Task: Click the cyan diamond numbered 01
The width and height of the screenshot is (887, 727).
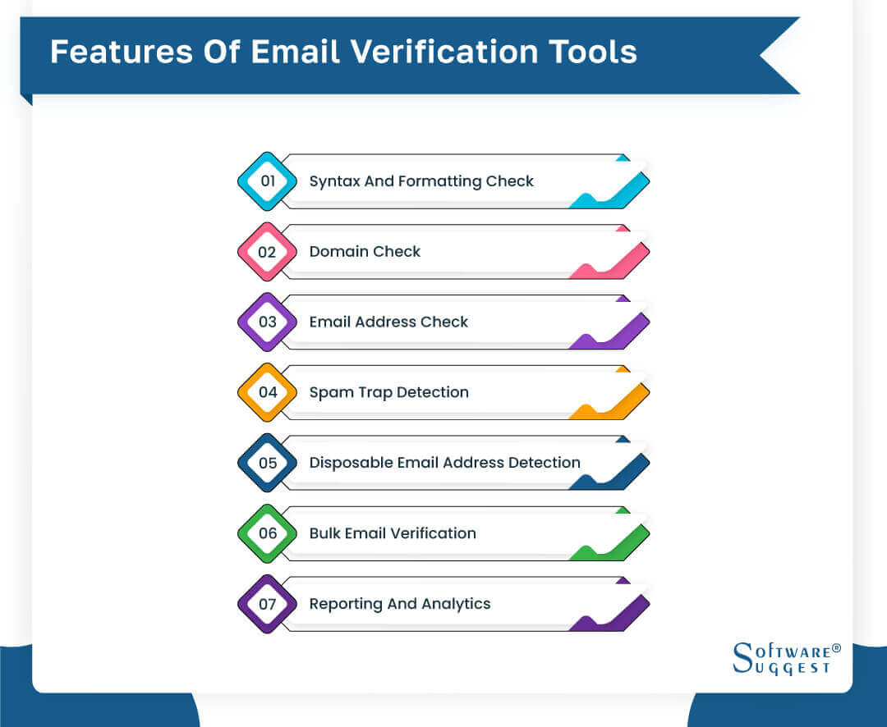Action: pyautogui.click(x=267, y=181)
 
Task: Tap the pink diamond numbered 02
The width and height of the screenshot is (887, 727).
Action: pyautogui.click(x=267, y=252)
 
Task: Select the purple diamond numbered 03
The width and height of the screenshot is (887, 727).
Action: pyautogui.click(x=267, y=322)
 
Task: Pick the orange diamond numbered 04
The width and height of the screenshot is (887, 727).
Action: pyautogui.click(x=267, y=392)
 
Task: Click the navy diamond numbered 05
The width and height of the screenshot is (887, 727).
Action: pyautogui.click(x=267, y=463)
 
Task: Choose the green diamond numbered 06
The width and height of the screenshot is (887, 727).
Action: pyautogui.click(x=267, y=533)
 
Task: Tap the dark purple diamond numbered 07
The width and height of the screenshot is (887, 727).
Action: pyautogui.click(x=267, y=604)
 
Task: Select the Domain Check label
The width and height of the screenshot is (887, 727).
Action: pyautogui.click(x=365, y=252)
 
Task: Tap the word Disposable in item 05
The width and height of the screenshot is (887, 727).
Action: pyautogui.click(x=351, y=463)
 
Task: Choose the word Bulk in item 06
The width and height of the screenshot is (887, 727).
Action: pyautogui.click(x=324, y=533)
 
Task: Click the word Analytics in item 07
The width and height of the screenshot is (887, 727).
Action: pyautogui.click(x=456, y=604)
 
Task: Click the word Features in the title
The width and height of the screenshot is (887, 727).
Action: pyautogui.click(x=122, y=52)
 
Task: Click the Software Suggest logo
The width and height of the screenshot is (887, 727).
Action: pyautogui.click(x=787, y=659)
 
